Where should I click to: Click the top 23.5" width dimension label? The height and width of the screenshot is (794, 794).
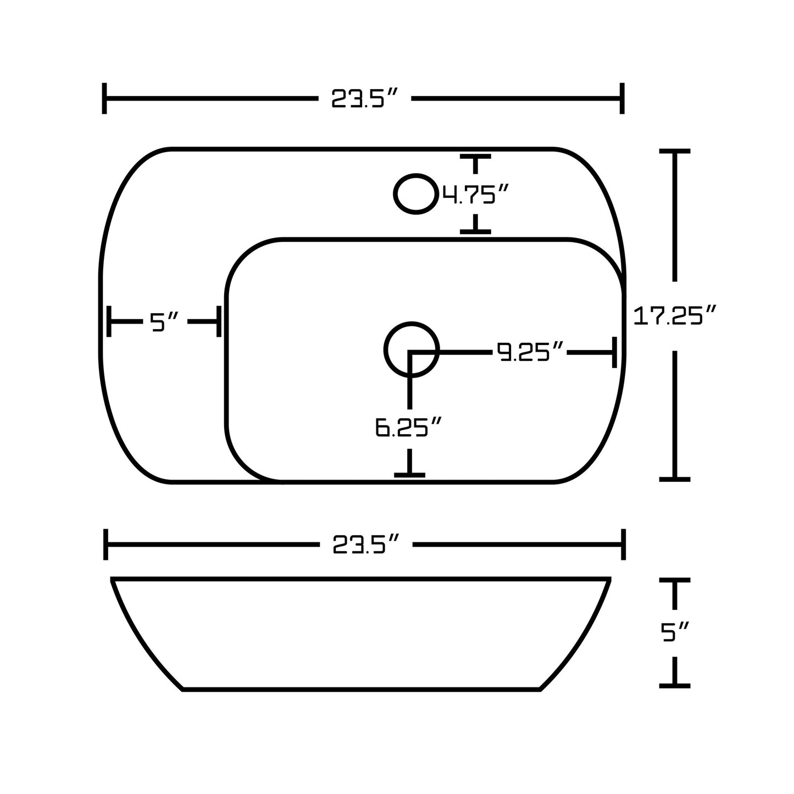pos(363,99)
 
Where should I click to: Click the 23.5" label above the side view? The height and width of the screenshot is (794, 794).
pos(365,545)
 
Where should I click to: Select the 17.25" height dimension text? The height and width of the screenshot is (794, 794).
pos(674,317)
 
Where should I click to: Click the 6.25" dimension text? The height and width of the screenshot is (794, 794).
pos(408,427)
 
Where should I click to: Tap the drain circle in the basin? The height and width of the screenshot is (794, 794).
pos(411,349)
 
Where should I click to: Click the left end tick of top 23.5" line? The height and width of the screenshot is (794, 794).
pos(104,99)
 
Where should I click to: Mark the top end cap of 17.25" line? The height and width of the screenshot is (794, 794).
pos(674,151)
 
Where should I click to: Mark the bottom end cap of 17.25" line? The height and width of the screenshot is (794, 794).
pos(674,479)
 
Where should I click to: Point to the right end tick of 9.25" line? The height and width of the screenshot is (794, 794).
pos(614,352)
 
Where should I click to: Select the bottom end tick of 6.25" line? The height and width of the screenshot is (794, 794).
pos(409,474)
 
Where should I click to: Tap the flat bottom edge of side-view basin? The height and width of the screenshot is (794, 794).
pos(361,689)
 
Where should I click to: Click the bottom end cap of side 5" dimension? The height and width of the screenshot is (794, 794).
pos(674,685)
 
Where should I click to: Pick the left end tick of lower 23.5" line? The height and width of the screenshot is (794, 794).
pos(106,545)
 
